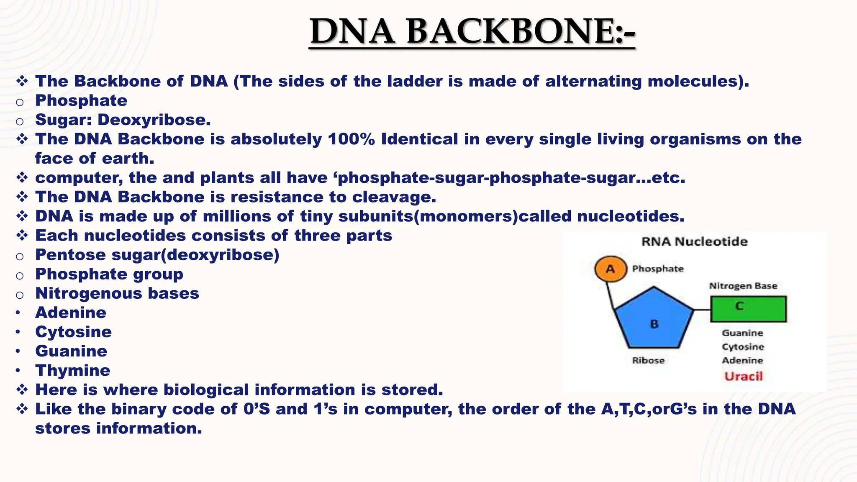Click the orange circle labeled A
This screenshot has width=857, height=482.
pos(611,269)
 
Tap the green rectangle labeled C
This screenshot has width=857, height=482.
pos(748,309)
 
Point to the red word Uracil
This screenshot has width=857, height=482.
pos(744,376)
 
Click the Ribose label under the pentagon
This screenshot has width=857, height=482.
pos(648,360)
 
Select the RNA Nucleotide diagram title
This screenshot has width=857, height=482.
pos(694,241)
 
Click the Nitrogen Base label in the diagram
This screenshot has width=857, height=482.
pos(743,286)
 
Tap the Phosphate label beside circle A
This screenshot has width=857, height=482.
pos(657,269)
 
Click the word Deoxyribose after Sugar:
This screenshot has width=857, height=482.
pos(154,120)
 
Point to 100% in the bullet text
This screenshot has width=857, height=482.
pos(351,139)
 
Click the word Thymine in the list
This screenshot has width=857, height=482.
pos(72,370)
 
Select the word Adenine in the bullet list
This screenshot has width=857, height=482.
pos(71,313)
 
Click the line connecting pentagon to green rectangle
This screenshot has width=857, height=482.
pos(702,310)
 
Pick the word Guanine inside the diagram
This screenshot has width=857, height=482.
pos(742,333)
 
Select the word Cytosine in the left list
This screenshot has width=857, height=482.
pos(73,332)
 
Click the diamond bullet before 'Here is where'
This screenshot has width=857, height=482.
pos(22,390)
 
